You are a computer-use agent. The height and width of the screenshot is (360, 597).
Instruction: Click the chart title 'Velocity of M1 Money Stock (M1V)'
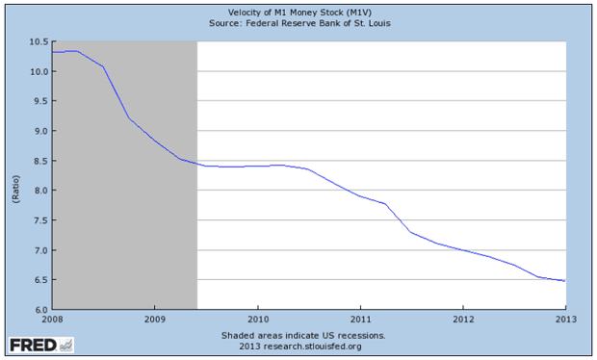(299, 13)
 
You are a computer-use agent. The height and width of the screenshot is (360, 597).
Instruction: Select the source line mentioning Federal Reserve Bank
(299, 23)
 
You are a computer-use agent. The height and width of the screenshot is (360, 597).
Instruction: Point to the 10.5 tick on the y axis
(39, 41)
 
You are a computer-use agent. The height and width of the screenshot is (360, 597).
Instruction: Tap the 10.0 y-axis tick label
(39, 71)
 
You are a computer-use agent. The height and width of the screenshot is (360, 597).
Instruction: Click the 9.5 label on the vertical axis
(41, 101)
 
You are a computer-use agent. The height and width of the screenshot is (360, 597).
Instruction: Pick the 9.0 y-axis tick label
(41, 131)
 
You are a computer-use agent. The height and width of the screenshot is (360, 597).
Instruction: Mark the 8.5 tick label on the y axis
(41, 161)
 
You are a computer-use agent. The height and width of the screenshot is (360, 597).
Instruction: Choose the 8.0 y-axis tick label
(41, 191)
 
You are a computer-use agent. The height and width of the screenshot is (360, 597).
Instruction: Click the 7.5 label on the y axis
(41, 220)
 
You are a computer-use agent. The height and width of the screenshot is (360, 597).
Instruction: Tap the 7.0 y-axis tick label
(41, 250)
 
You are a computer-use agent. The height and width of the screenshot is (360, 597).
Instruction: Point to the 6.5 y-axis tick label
(41, 280)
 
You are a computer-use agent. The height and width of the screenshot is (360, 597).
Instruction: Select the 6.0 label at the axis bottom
(41, 310)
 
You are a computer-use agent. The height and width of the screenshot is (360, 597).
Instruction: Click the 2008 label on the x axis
(53, 319)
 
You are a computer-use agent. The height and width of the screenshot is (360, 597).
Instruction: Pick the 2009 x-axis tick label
(155, 319)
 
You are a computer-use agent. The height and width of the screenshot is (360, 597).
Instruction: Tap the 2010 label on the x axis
(258, 319)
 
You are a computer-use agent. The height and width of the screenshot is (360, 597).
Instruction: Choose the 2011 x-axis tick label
(360, 319)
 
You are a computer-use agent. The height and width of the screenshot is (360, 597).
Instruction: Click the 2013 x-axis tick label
(566, 319)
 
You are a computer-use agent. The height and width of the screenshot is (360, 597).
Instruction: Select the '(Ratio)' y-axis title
(15, 189)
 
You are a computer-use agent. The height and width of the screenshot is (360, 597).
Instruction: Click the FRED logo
(41, 346)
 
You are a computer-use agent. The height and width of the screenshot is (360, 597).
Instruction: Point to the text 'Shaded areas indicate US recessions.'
(303, 336)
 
